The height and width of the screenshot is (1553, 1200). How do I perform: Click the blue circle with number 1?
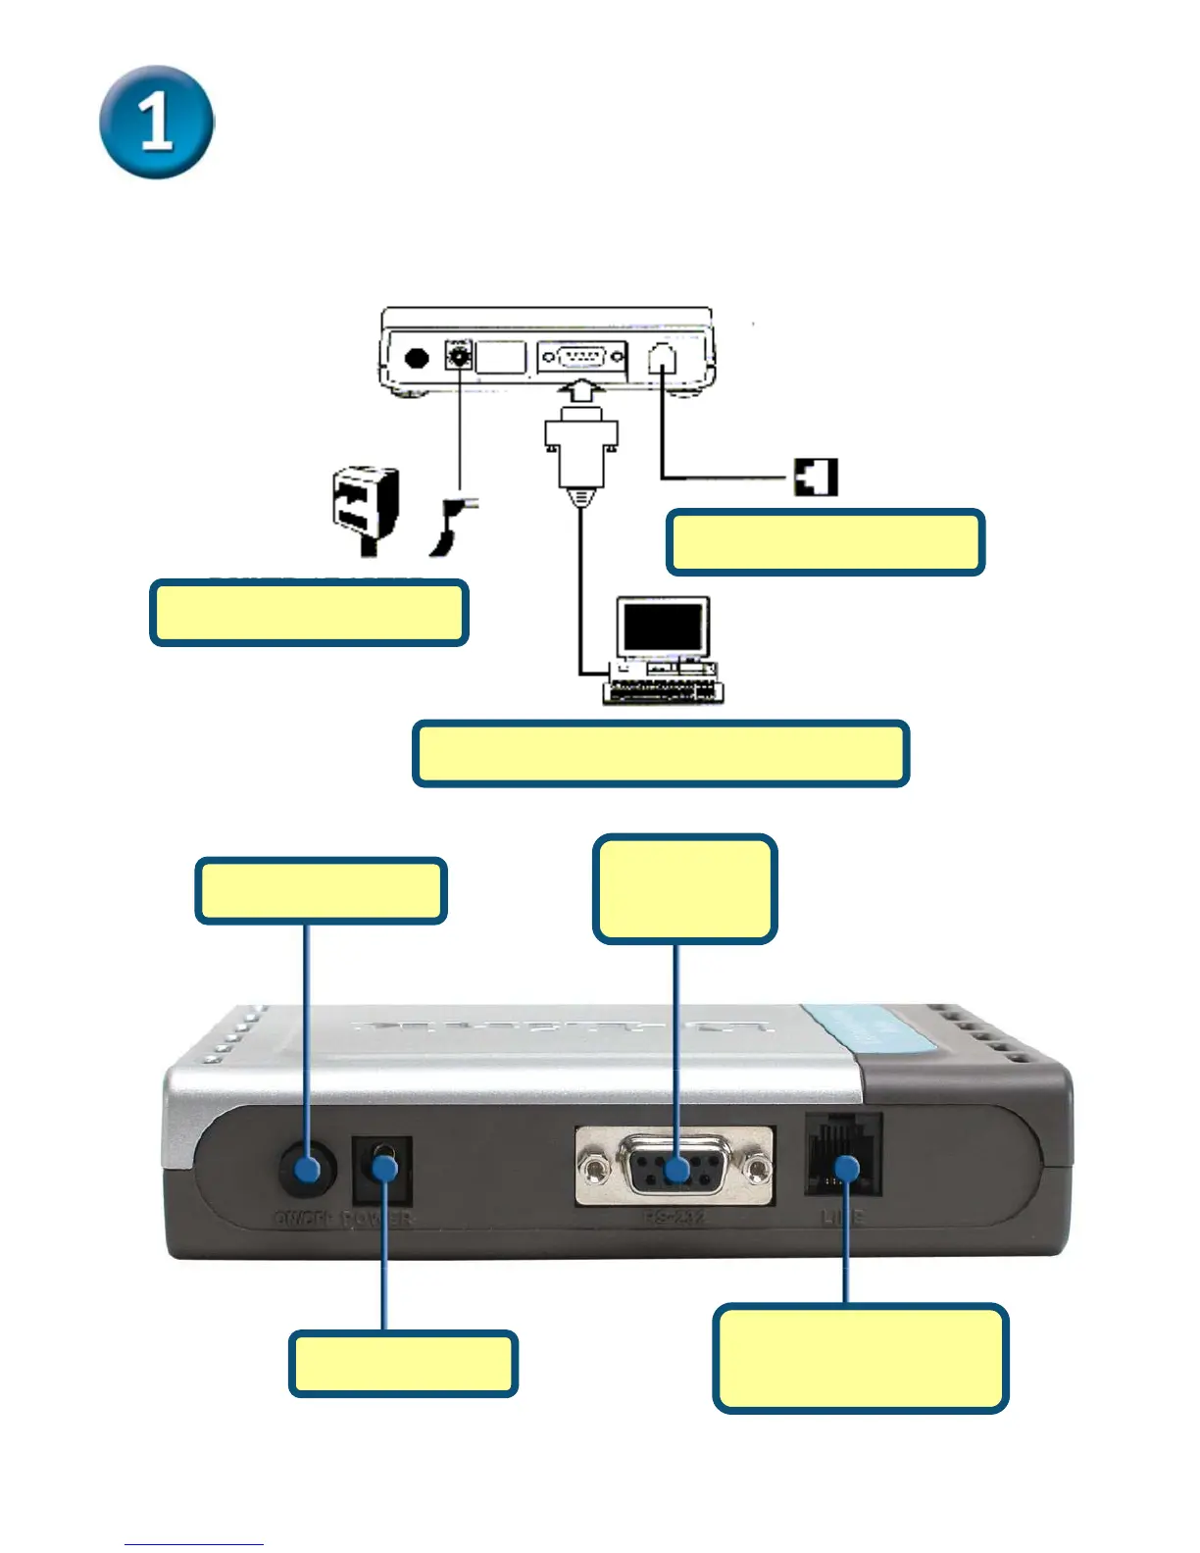(x=157, y=123)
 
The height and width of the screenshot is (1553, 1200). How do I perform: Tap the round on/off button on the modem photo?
(x=307, y=1169)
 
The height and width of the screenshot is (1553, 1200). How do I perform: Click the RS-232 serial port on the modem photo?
(x=675, y=1167)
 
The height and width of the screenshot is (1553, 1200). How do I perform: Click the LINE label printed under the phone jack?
(x=842, y=1218)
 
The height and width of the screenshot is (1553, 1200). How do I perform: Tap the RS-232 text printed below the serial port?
(x=675, y=1218)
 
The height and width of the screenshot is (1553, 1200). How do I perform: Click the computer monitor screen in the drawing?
(x=664, y=626)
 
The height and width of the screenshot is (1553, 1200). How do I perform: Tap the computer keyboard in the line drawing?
(x=663, y=691)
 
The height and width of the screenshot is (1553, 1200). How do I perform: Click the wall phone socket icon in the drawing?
(x=816, y=477)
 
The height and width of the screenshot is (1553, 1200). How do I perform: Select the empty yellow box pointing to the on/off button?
(x=322, y=891)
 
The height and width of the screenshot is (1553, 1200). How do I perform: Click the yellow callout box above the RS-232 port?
(x=684, y=889)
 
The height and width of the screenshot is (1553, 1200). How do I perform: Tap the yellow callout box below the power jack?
(x=403, y=1363)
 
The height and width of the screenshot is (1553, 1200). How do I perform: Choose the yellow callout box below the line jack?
(x=860, y=1358)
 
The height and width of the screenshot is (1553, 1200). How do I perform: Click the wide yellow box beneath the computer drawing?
(x=661, y=754)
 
